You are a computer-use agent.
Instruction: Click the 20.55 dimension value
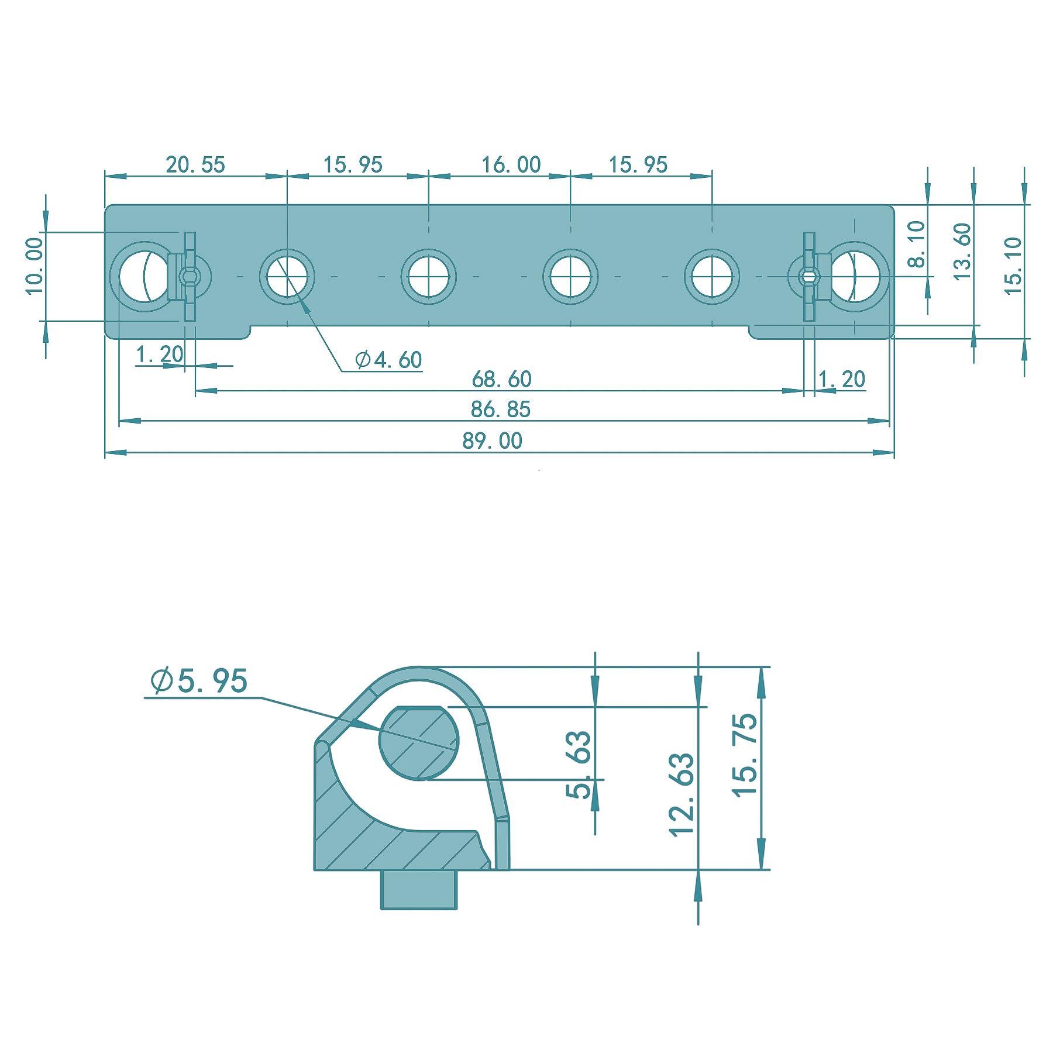coord(195,164)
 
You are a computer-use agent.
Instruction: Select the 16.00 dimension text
coord(511,164)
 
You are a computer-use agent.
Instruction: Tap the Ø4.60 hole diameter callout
coord(388,359)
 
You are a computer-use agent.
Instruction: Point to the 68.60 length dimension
coord(501,380)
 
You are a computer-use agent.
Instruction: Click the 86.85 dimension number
coord(500,409)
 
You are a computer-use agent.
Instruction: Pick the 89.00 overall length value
coord(492,441)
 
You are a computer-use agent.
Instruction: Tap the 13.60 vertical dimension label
coord(962,252)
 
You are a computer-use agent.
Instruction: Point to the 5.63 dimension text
coord(579,765)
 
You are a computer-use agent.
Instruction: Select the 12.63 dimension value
coord(682,794)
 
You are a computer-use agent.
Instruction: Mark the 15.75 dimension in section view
coord(745,755)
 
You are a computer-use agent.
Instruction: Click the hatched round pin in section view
coord(419,743)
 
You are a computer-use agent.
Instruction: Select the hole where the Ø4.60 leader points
coord(287,276)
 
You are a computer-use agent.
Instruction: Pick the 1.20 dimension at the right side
coord(841,380)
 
